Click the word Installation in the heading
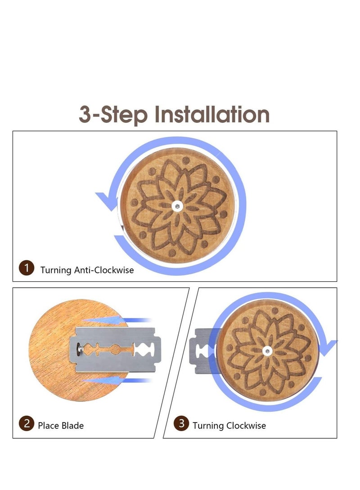(212, 114)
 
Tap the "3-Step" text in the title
(113, 115)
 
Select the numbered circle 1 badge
(26, 268)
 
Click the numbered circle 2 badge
(26, 423)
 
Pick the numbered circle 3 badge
(181, 423)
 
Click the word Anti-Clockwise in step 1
(104, 270)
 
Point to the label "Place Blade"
(61, 426)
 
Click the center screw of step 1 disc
(177, 206)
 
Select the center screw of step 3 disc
(267, 351)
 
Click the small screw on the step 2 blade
(81, 348)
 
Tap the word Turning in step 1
(56, 270)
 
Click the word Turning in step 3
(208, 426)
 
